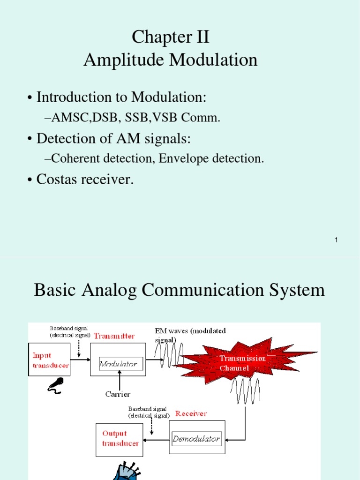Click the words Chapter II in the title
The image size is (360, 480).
point(170,37)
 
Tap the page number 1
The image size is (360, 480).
point(337,240)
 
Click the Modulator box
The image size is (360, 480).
point(118,363)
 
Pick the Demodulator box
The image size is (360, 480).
point(196,439)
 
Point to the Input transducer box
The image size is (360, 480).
point(50,360)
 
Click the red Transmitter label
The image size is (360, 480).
point(114,336)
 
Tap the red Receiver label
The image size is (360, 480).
point(191,413)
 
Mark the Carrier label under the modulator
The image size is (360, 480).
point(118,394)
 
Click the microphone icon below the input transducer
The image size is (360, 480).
point(54,385)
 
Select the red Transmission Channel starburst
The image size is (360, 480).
point(244,362)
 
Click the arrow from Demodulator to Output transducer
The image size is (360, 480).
point(156,440)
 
